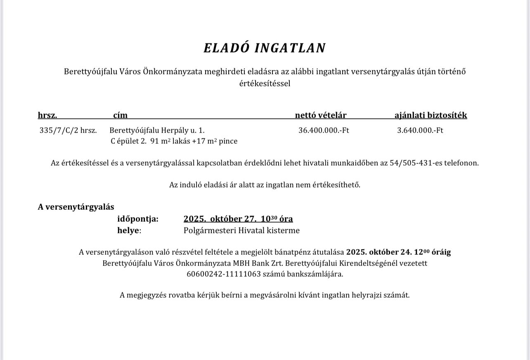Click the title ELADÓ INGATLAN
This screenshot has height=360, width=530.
(265, 48)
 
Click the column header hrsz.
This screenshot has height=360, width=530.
(47, 115)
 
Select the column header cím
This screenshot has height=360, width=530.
(120, 115)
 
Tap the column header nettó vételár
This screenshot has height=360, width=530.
(320, 115)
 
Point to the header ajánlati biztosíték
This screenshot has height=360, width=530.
(431, 115)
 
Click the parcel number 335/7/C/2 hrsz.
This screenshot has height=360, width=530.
(68, 130)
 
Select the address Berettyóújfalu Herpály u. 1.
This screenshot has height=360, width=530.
(157, 130)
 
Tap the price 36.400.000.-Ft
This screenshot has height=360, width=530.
(324, 130)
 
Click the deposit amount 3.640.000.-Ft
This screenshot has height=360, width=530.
(420, 130)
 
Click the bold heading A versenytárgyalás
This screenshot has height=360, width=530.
(76, 207)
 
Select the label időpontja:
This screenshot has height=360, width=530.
(137, 219)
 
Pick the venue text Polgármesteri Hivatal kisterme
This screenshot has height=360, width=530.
(241, 230)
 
